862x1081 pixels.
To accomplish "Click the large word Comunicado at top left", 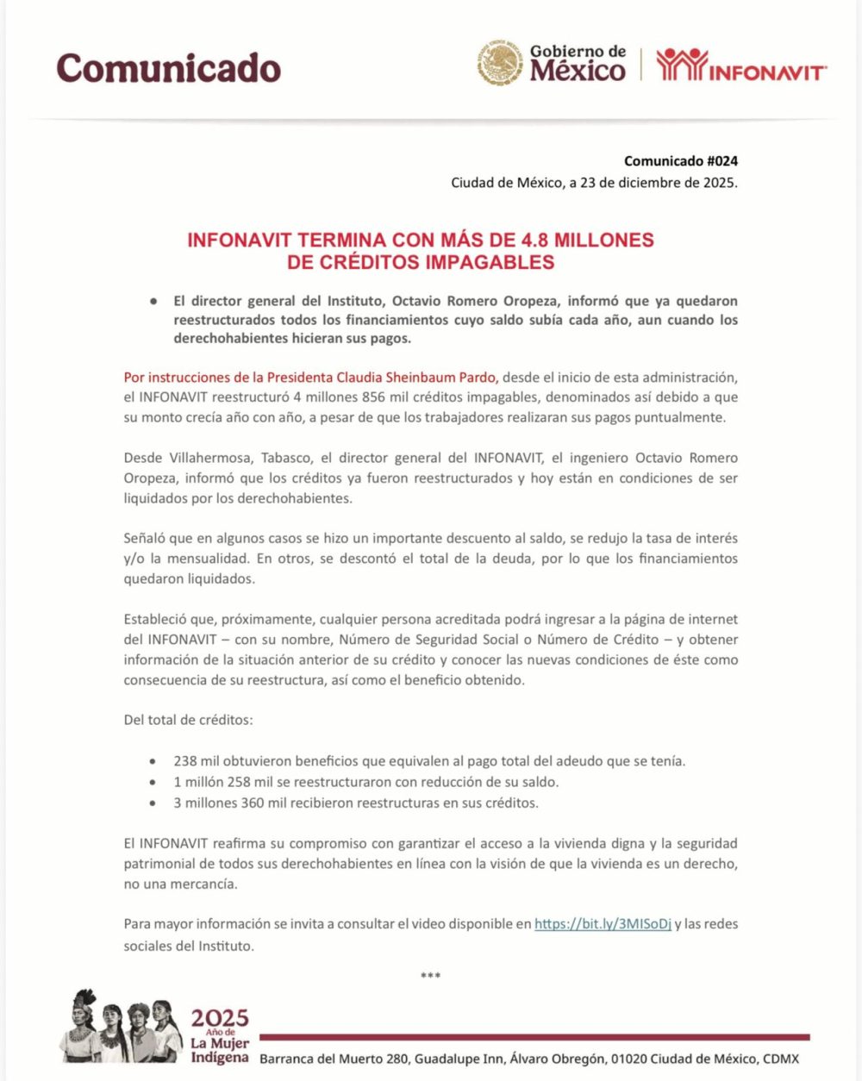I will pyautogui.click(x=169, y=68).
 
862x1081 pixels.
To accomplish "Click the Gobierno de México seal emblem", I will pyautogui.click(x=500, y=63).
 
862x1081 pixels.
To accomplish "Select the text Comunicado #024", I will pyautogui.click(x=680, y=160).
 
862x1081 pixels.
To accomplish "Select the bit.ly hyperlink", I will pyautogui.click(x=603, y=923).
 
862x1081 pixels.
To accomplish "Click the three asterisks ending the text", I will pyautogui.click(x=430, y=976).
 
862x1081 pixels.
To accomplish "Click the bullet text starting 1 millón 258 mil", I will pyautogui.click(x=365, y=782).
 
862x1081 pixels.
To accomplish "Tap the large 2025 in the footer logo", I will pyautogui.click(x=220, y=1018).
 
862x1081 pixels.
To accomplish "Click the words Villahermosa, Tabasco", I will pyautogui.click(x=238, y=457).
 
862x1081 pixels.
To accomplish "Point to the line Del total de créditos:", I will pyautogui.click(x=188, y=719).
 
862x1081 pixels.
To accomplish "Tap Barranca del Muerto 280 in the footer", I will pyautogui.click(x=334, y=1059).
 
